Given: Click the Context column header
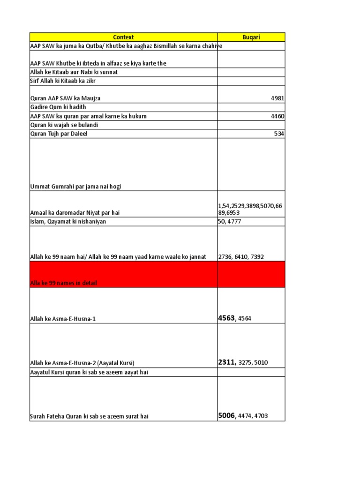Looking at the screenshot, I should click(123, 37).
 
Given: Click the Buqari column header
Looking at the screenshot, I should click(251, 37).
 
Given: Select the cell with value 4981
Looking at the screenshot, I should click(277, 98).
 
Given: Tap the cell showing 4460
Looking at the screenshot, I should click(277, 116).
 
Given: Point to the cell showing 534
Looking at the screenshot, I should click(279, 134).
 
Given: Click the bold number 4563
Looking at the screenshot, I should click(226, 318).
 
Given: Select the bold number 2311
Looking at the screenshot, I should click(226, 362).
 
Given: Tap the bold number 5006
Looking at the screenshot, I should click(226, 415).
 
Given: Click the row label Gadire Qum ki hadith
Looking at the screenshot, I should click(58, 107).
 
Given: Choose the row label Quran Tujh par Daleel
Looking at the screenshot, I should click(59, 134).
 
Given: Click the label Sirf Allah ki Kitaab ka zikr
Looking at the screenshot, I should click(63, 81).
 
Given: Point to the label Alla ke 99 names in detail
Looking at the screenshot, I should click(63, 284).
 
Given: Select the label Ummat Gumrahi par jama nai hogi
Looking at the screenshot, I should click(76, 187).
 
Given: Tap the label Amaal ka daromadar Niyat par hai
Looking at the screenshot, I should click(75, 213).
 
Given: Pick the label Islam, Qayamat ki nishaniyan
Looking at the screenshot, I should click(68, 222).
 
